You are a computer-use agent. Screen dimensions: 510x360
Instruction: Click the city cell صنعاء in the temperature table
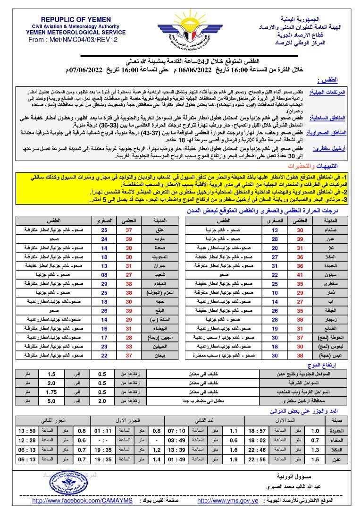[x=331, y=230]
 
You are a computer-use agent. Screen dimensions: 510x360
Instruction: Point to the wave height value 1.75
[x=51, y=391]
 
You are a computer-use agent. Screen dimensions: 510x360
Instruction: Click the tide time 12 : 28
[x=27, y=440]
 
